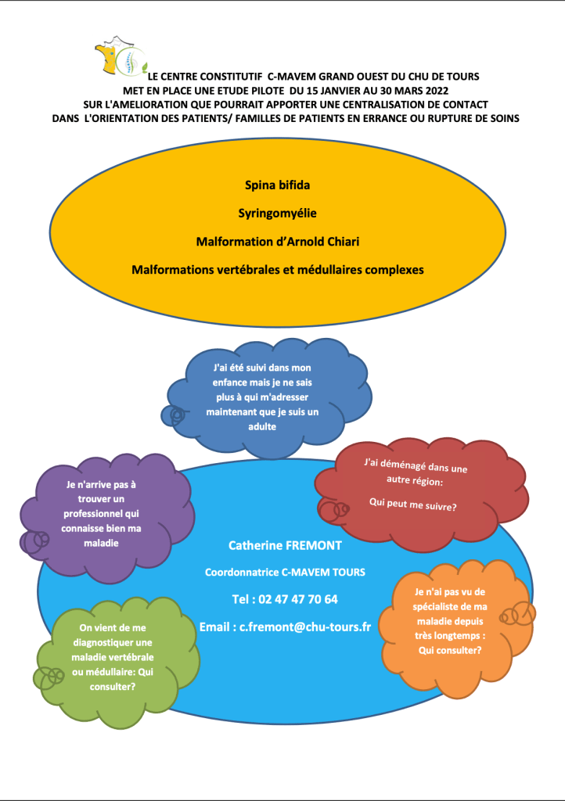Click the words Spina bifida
click(277, 186)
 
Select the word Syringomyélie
click(277, 213)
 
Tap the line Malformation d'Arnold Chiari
click(277, 241)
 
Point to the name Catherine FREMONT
click(285, 544)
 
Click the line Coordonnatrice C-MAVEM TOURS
click(285, 572)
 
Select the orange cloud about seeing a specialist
click(450, 626)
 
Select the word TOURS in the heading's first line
click(460, 76)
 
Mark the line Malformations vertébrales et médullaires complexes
click(277, 269)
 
